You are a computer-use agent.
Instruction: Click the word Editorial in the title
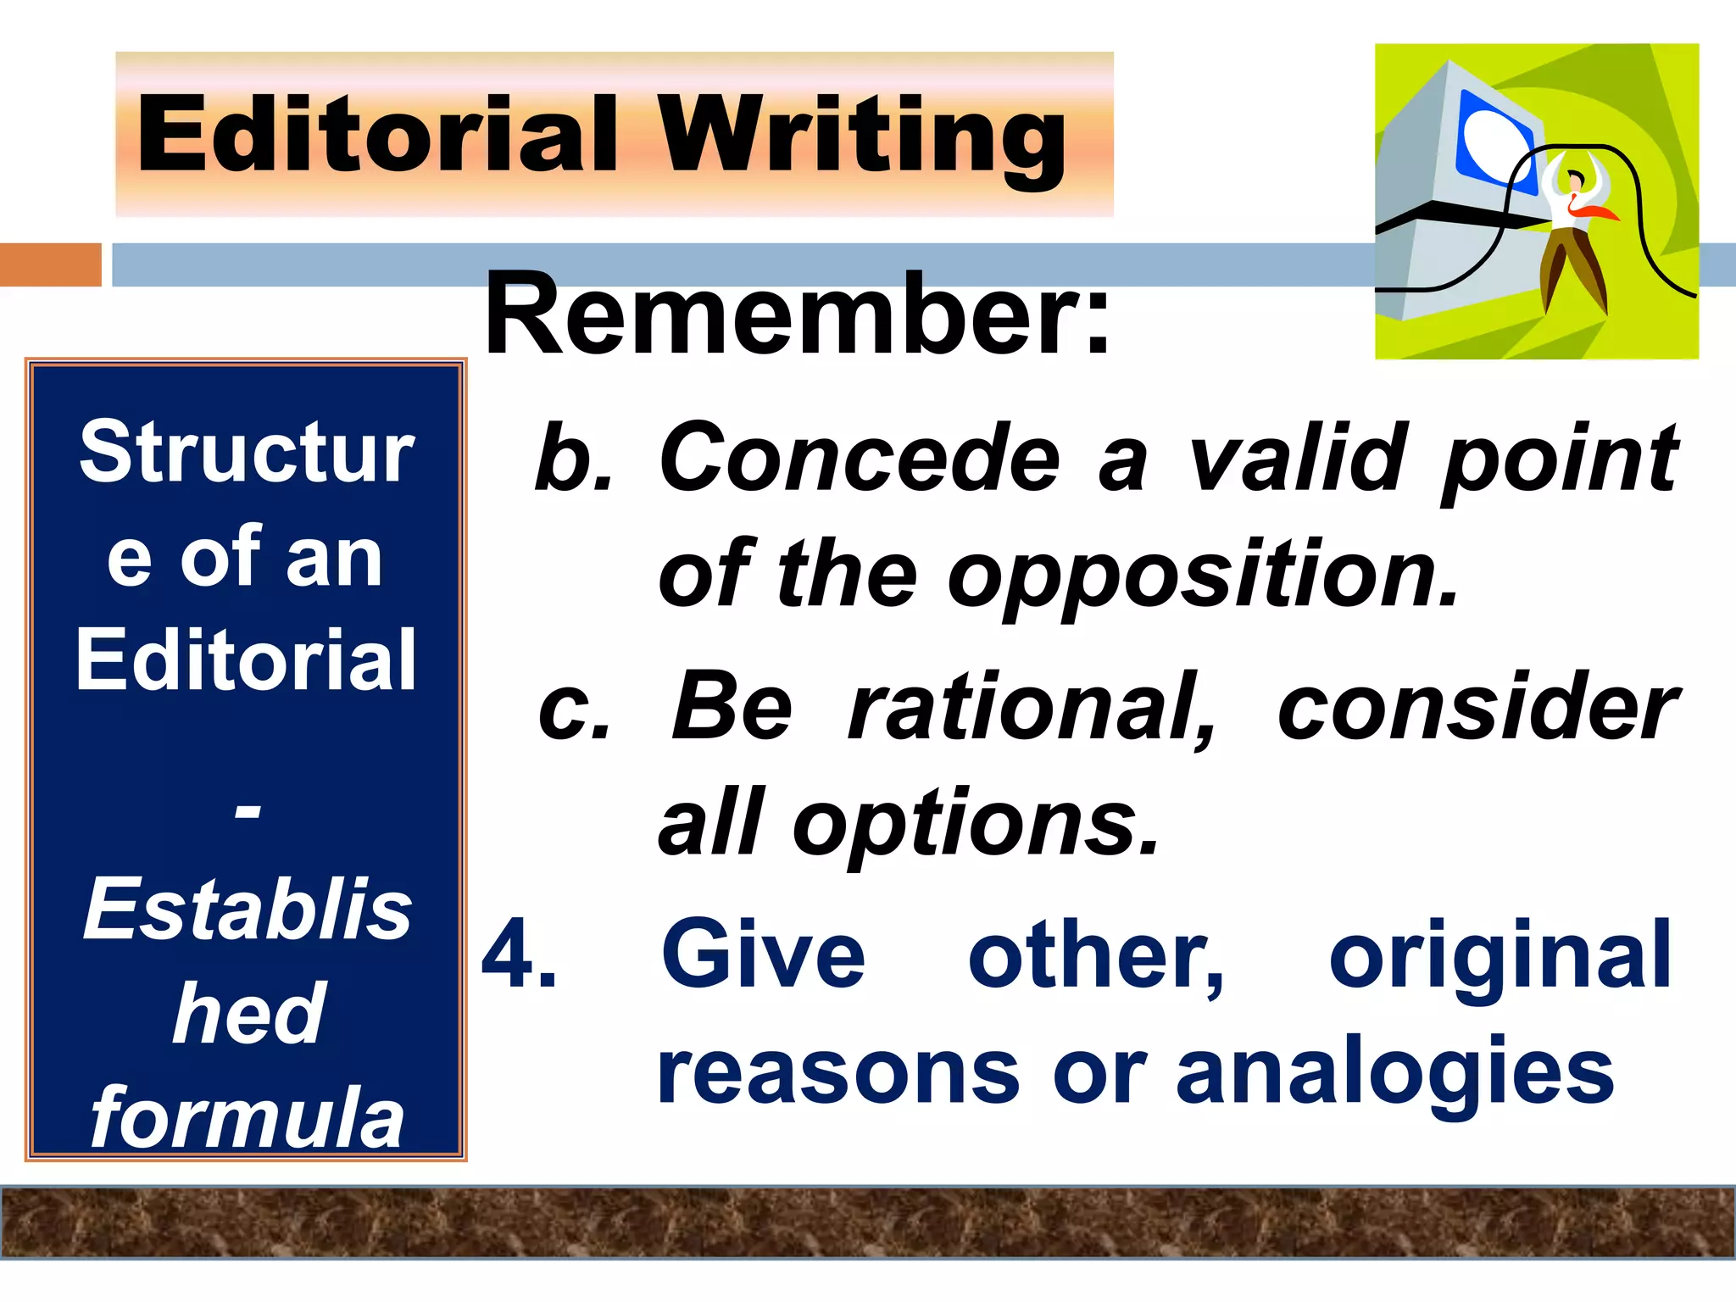377,134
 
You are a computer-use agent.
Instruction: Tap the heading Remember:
797,315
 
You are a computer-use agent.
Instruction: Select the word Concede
860,459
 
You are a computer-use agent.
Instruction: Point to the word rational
1032,707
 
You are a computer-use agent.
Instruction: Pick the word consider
1477,707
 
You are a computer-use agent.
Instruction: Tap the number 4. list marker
519,955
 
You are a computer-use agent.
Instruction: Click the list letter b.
573,459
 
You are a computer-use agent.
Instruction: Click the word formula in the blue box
247,1119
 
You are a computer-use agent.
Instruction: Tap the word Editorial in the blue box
246,660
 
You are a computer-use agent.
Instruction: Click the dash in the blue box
247,812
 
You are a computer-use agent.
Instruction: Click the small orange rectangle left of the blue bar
50,264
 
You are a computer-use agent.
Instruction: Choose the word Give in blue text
763,955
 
